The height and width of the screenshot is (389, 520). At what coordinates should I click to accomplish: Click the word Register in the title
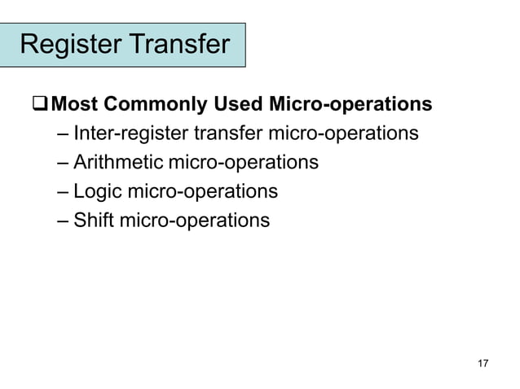point(68,44)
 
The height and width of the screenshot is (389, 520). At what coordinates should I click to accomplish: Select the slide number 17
point(483,363)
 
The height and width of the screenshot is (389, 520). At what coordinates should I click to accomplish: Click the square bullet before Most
point(38,105)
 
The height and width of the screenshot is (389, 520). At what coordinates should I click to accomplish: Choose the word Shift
point(93,220)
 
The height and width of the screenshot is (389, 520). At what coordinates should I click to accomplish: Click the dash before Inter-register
point(64,133)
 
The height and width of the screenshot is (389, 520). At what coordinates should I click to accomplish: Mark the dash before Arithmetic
point(64,163)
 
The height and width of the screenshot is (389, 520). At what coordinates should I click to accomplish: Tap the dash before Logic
point(64,192)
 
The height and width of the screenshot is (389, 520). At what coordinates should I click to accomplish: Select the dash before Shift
point(64,221)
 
